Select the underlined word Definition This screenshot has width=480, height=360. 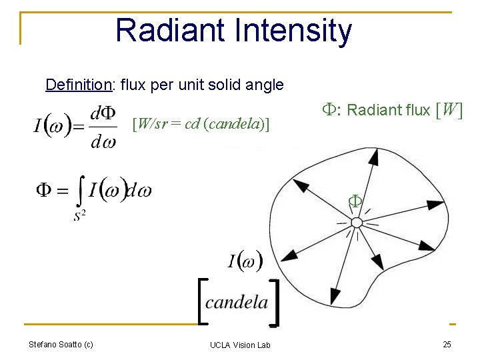[x=77, y=85]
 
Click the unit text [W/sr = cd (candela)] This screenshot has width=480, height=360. [x=201, y=123]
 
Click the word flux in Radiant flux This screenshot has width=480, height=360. [x=413, y=110]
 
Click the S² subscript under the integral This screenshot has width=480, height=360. [x=80, y=215]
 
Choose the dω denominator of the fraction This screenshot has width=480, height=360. [x=103, y=141]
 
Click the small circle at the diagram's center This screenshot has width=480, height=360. [x=357, y=222]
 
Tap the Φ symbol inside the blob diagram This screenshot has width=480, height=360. [x=356, y=201]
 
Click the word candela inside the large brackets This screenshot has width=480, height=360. [x=237, y=303]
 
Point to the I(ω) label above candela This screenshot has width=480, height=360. [x=245, y=261]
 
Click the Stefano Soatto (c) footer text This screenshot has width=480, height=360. [x=61, y=345]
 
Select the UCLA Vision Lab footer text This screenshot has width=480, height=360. [x=240, y=345]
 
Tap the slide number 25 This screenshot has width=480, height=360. [x=447, y=345]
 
